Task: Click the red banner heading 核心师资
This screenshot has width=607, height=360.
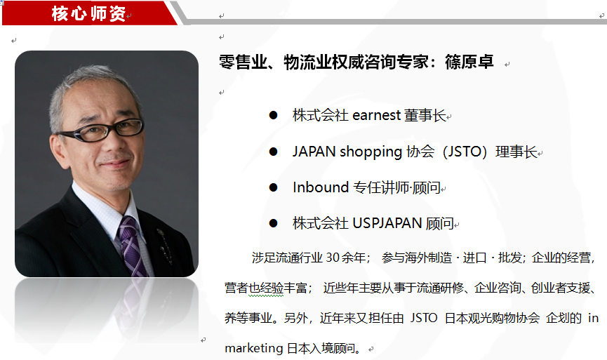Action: [88, 14]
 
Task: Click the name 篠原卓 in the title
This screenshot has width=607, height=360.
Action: [469, 62]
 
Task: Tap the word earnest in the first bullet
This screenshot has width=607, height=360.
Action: [376, 115]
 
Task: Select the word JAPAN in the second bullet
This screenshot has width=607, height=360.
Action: [314, 152]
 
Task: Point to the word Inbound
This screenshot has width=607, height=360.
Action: [321, 187]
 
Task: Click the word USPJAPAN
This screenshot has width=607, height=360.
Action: [387, 223]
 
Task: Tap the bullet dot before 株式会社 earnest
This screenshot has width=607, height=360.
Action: [273, 115]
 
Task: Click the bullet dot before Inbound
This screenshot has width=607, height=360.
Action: [273, 187]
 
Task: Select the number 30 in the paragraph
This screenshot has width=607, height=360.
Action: [333, 258]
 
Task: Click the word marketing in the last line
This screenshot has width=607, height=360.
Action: [254, 348]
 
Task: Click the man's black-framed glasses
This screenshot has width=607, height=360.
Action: [102, 130]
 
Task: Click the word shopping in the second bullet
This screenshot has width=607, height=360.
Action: [371, 152]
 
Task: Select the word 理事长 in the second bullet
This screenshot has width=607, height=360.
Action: [516, 152]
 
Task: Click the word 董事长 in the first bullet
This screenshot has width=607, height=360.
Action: [425, 115]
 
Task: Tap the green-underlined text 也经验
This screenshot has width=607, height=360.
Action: [266, 288]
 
